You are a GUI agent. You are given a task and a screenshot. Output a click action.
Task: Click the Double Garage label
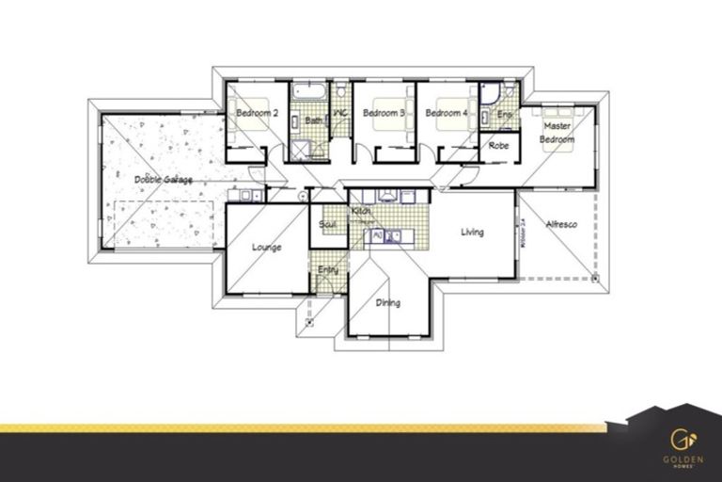pyautogui.click(x=163, y=179)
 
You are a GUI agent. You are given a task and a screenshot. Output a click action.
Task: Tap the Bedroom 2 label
pyautogui.click(x=257, y=114)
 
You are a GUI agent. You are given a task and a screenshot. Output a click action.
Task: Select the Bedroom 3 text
pyautogui.click(x=384, y=114)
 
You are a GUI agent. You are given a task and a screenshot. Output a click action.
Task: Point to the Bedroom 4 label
pyautogui.click(x=446, y=114)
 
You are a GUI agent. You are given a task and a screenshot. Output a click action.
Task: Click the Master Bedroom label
pyautogui.click(x=556, y=132)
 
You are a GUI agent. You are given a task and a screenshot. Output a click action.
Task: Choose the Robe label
pyautogui.click(x=498, y=146)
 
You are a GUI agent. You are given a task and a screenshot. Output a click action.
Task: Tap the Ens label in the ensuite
pyautogui.click(x=505, y=115)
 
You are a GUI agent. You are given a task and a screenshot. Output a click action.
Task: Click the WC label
pyautogui.click(x=340, y=114)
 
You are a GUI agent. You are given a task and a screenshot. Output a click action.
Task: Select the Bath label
pyautogui.click(x=313, y=120)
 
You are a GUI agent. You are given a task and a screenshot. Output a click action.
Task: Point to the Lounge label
pyautogui.click(x=267, y=248)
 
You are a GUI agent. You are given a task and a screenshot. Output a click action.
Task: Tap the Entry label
pyautogui.click(x=327, y=270)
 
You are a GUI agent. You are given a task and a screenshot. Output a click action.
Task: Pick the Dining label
pyautogui.click(x=387, y=303)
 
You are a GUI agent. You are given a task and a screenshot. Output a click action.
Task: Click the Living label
pyautogui.click(x=471, y=232)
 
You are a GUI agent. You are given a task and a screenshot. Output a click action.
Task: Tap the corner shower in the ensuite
pyautogui.click(x=491, y=94)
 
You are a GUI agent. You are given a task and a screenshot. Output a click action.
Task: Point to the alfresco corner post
pyautogui.click(x=595, y=279)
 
